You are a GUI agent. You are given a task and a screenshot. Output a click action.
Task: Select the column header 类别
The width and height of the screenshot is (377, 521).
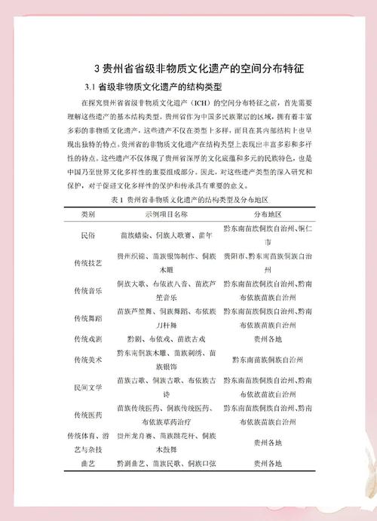88,215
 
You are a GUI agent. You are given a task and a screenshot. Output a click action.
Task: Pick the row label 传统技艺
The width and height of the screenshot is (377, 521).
88,262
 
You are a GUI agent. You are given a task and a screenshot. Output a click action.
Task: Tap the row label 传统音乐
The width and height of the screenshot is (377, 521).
88,290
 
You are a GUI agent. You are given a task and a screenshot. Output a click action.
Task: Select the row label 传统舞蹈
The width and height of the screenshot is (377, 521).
88,317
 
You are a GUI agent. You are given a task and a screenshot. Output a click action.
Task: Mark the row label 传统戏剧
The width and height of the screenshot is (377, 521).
88,339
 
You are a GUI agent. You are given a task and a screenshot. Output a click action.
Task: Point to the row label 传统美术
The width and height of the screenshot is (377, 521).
88,360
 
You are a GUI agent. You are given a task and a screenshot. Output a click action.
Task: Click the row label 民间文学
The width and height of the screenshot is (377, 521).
88,387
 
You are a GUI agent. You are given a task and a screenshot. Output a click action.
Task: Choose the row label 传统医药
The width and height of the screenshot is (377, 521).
88,415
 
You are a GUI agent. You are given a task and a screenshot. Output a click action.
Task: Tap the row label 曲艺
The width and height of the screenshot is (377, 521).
88,463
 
